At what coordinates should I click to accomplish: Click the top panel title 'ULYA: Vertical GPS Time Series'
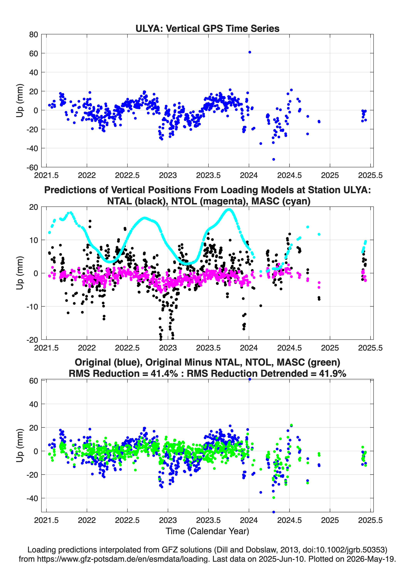pyautogui.click(x=207, y=28)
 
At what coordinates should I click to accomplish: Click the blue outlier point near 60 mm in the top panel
pyautogui.click(x=250, y=52)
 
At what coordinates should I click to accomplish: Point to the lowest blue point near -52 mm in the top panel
pyautogui.click(x=274, y=159)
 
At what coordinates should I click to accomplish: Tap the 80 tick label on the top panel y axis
pyautogui.click(x=34, y=35)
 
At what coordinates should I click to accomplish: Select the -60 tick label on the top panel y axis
pyautogui.click(x=32, y=167)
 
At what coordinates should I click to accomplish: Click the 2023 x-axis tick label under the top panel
pyautogui.click(x=168, y=175)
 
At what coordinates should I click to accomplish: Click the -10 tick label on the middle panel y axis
pyautogui.click(x=32, y=307)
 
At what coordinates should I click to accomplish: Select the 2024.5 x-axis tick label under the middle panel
pyautogui.click(x=289, y=348)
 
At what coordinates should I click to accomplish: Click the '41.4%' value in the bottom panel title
pyautogui.click(x=164, y=373)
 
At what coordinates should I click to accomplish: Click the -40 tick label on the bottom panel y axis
pyautogui.click(x=32, y=498)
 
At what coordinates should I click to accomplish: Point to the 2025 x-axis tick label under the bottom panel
pyautogui.click(x=330, y=520)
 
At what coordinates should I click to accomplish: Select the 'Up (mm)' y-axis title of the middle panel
pyautogui.click(x=20, y=273)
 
